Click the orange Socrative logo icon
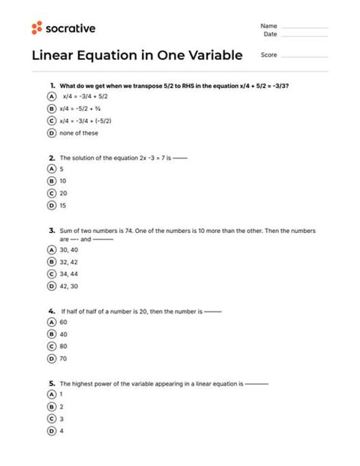click(37, 28)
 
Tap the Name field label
click(270, 25)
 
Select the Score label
click(268, 55)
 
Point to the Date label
click(270, 34)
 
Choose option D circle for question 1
click(51, 132)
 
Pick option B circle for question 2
click(51, 181)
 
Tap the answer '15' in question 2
click(63, 205)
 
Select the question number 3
click(51, 230)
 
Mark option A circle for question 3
click(51, 250)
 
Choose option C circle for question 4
click(51, 345)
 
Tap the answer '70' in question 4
click(63, 357)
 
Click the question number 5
click(51, 383)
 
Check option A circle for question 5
click(51, 395)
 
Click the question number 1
click(52, 86)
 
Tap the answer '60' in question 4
click(63, 321)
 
